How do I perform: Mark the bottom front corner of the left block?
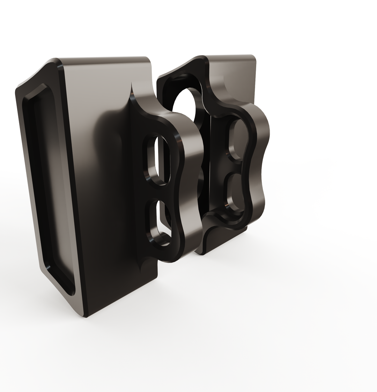[x=86, y=316]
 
